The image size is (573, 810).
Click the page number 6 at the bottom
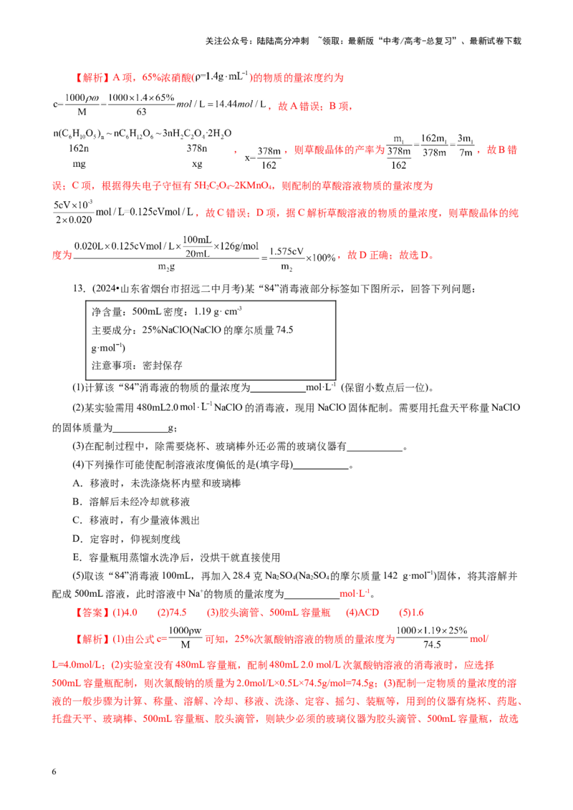click(54, 771)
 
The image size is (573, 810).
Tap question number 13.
click(80, 289)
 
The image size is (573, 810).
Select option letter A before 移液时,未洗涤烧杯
click(77, 483)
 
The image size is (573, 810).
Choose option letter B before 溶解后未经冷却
click(77, 502)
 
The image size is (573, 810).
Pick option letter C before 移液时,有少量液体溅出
click(77, 520)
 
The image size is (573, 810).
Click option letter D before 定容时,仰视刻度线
click(77, 539)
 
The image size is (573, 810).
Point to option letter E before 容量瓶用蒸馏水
click(77, 557)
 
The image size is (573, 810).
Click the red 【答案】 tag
click(92, 613)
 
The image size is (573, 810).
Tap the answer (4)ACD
click(362, 613)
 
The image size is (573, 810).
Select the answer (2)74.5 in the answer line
click(172, 613)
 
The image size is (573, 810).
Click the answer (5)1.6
click(411, 613)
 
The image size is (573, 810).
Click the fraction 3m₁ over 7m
click(466, 145)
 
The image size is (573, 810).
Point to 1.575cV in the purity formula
click(286, 251)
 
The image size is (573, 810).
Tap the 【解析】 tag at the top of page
click(92, 77)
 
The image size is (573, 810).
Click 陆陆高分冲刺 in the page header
click(283, 41)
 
